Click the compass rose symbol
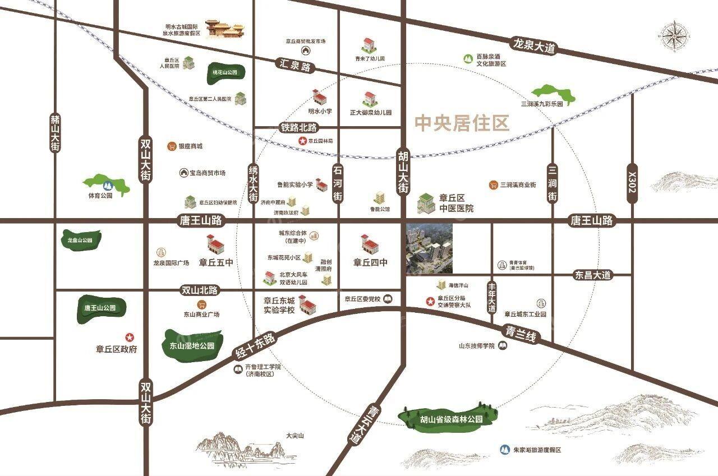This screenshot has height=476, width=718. (674, 36)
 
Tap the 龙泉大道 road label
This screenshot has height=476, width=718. (533, 45)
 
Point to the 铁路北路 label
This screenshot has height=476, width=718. (298, 128)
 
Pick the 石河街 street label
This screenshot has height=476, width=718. (337, 183)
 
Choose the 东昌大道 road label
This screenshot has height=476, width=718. (592, 275)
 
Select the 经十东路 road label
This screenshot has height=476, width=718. (255, 346)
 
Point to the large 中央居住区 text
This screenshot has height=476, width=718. (462, 123)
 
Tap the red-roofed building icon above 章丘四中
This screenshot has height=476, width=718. (370, 244)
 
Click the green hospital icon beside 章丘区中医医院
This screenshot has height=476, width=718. (426, 204)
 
